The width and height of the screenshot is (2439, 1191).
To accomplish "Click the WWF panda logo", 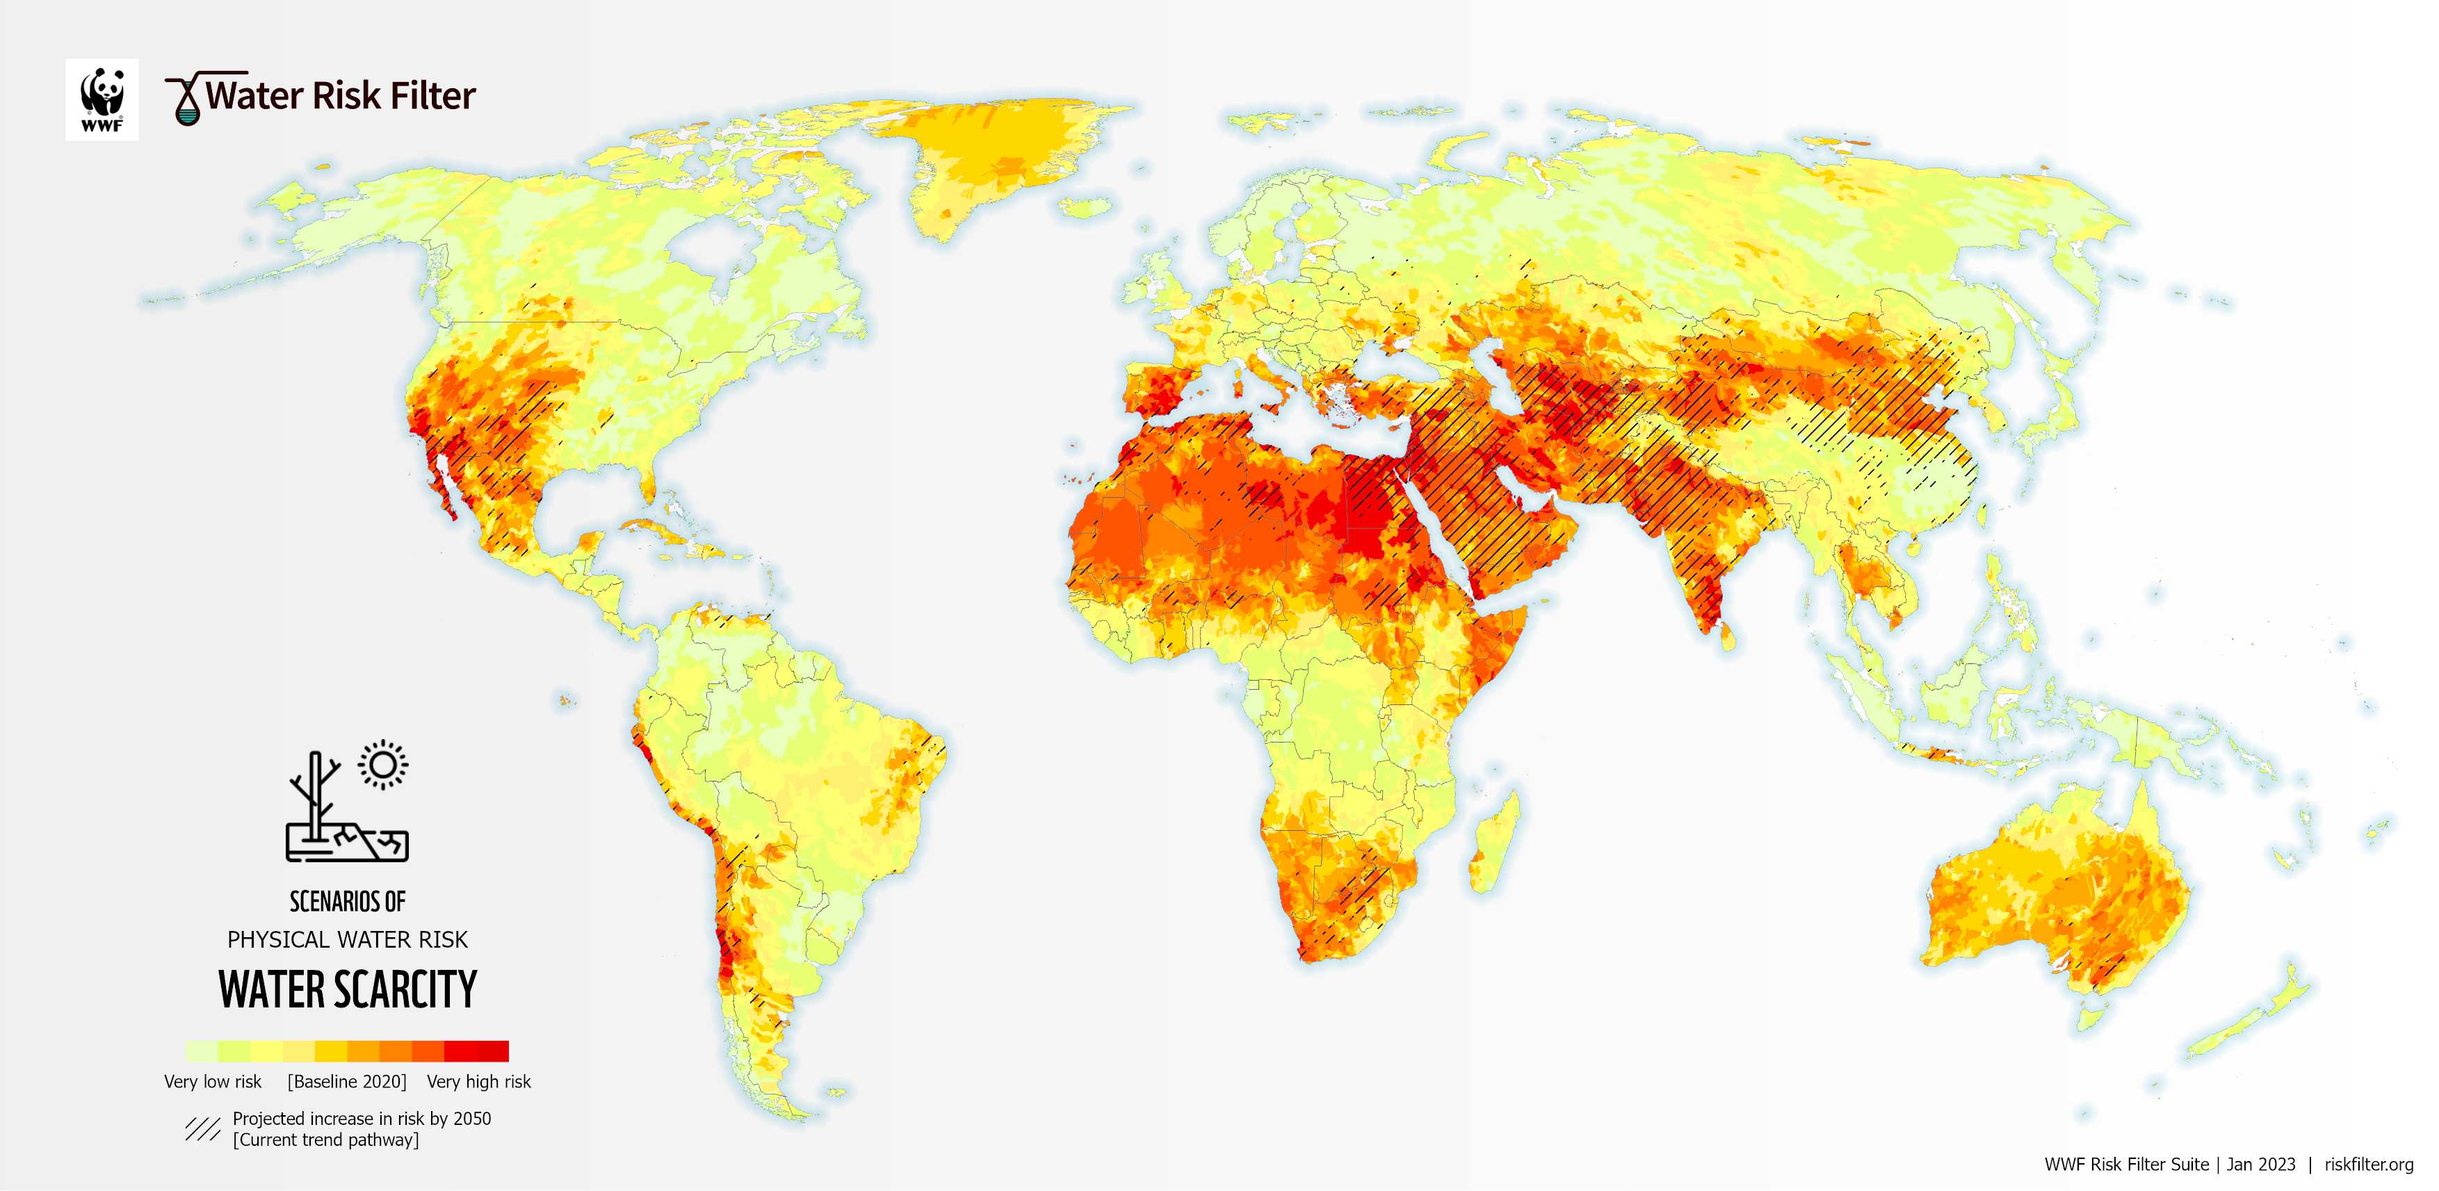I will [x=102, y=99].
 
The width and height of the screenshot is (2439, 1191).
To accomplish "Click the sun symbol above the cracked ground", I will [x=382, y=764].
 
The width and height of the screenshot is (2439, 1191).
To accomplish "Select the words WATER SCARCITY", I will [x=348, y=990].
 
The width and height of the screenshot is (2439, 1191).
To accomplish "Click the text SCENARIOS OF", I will [x=348, y=901].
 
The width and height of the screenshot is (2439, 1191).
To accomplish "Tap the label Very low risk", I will [x=212, y=1081].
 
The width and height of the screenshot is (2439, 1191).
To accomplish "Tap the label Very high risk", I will [x=478, y=1081].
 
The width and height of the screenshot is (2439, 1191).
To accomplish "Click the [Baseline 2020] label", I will [x=346, y=1081].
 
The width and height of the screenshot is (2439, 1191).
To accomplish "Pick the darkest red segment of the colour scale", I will [x=492, y=1051].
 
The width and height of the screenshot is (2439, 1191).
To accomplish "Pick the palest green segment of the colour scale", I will [x=201, y=1051].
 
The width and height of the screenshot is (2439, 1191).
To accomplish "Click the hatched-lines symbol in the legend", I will [x=202, y=1128].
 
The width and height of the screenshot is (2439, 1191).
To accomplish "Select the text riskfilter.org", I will [x=2368, y=1165].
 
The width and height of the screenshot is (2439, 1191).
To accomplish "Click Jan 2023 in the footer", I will [x=2261, y=1165].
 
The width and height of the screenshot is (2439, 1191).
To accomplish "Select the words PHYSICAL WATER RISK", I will [x=348, y=939].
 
